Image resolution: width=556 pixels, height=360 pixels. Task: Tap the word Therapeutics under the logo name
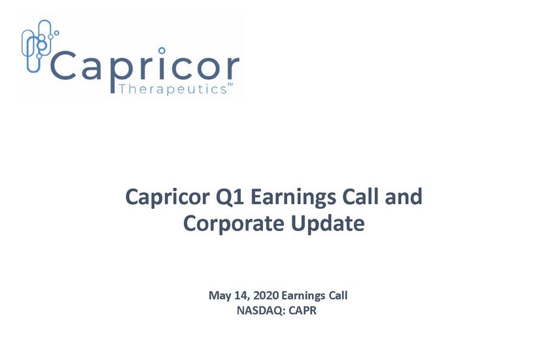(x=172, y=89)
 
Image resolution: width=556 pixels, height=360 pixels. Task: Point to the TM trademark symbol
(x=230, y=85)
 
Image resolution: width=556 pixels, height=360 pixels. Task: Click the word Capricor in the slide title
(x=167, y=197)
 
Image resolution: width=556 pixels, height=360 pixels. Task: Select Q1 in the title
(x=230, y=197)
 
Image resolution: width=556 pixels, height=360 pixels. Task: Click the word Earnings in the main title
(x=293, y=198)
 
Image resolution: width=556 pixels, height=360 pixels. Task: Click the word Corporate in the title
(x=234, y=224)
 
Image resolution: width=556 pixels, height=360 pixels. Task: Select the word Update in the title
(x=328, y=224)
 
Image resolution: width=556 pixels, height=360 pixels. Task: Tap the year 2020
(x=266, y=295)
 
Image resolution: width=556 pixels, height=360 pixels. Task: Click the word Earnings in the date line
(x=303, y=296)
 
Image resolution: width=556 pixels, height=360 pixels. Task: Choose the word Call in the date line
(x=338, y=295)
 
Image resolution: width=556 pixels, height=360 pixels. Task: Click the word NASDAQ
(x=260, y=311)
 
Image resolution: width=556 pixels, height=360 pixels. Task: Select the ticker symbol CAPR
(x=302, y=310)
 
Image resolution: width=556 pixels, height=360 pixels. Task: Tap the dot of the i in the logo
(x=162, y=50)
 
